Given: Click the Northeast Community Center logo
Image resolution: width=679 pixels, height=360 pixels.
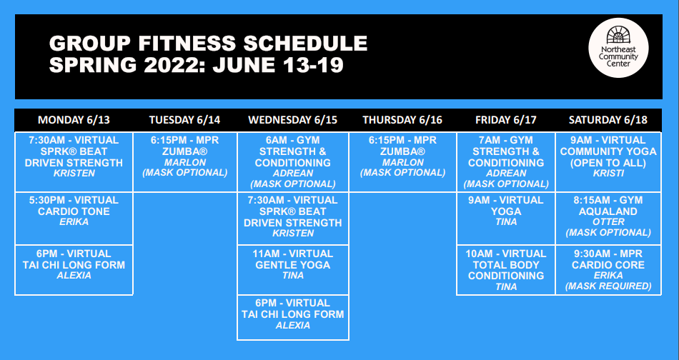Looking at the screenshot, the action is (x=618, y=48).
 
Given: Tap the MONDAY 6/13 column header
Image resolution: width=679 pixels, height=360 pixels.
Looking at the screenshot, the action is (x=74, y=120).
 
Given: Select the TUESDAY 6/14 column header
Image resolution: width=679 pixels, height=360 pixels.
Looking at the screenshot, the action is (x=185, y=120).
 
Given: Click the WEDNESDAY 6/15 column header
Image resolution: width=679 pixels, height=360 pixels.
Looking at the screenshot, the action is (x=293, y=120).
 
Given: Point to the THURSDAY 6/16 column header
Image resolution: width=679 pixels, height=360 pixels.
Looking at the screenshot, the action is (x=402, y=120).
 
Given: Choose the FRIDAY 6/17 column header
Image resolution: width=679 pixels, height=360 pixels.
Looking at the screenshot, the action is (x=506, y=120).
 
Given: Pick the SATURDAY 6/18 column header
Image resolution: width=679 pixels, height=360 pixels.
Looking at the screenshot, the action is (x=608, y=120).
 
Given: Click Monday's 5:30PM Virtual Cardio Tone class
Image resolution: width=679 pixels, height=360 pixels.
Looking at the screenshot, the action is (x=74, y=219).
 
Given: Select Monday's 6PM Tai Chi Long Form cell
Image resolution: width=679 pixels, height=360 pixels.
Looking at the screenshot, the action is (x=74, y=270).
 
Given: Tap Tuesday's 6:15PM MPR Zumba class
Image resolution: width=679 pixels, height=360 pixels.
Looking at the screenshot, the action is (x=185, y=162).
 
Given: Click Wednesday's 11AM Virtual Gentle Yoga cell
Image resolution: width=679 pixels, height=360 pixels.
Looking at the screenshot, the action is (x=293, y=270).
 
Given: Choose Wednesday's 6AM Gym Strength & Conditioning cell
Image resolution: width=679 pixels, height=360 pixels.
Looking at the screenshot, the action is (x=293, y=162).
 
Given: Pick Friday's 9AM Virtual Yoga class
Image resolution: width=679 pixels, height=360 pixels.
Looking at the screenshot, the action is (x=506, y=219).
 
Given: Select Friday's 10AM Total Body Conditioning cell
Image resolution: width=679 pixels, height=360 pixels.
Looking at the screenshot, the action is (x=506, y=270).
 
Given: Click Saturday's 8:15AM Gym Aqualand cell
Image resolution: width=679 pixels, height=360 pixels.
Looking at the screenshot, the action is (x=608, y=219).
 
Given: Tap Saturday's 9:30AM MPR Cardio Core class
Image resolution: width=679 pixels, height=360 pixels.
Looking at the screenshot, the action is (x=608, y=270).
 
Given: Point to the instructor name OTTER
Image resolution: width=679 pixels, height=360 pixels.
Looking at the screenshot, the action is (x=608, y=222).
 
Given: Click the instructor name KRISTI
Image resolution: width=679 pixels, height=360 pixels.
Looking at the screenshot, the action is (x=608, y=174).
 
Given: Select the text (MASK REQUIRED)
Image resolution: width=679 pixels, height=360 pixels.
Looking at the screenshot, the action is (x=608, y=286).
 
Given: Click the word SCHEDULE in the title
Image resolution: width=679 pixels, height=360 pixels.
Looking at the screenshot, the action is (x=305, y=44).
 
